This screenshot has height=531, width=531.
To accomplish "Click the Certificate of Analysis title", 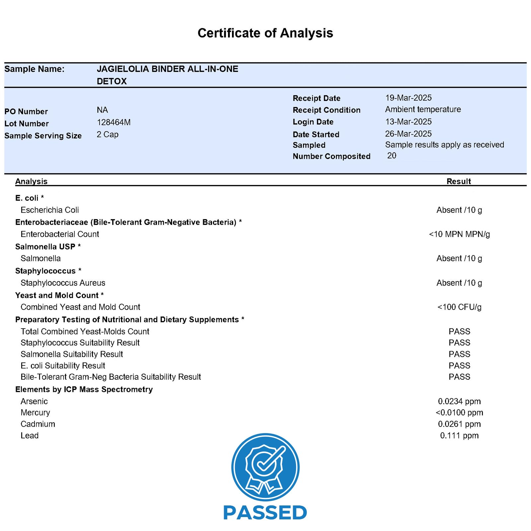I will coord(265,33).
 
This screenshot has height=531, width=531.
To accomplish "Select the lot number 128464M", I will coord(114,122).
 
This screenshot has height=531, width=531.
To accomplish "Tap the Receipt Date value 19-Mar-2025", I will coord(408,98).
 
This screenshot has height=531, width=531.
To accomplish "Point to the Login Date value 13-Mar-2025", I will coord(408,122).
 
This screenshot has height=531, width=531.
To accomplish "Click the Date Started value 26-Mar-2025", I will coord(408,134).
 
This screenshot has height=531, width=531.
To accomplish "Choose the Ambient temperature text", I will coord(423,110).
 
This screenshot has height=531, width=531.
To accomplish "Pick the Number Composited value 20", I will coord(392,156).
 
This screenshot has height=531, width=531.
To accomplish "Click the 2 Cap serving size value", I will coord(108,134).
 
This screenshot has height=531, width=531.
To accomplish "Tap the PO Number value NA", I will coord(102,110).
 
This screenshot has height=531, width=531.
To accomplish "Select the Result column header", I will coord(459,181).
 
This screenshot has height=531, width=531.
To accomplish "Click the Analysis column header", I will coord(31,181).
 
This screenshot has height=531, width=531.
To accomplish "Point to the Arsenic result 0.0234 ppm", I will coord(459,401).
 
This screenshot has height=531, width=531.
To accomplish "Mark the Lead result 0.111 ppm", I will coord(459,435).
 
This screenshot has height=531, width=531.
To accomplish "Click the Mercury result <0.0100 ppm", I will coord(459,413).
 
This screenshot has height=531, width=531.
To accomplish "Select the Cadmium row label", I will coord(38,424).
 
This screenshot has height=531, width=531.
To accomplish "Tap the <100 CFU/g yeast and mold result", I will coord(459,307).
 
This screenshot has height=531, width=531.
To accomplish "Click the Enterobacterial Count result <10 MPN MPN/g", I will coord(459,234).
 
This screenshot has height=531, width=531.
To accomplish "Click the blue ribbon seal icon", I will coord(265,467).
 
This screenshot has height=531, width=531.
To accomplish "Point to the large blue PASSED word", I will coord(265,513).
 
